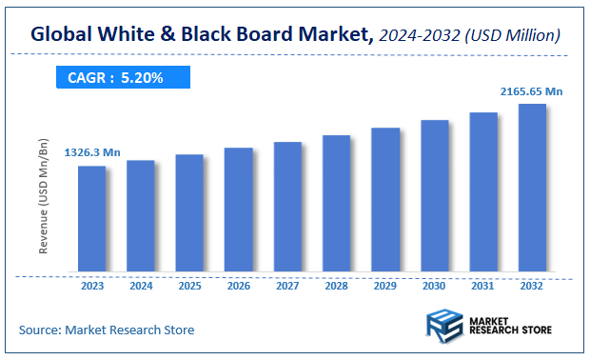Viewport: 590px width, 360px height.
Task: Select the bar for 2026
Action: (239, 211)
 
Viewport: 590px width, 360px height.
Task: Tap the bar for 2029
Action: (385, 201)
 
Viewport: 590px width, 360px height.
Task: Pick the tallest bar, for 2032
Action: (532, 190)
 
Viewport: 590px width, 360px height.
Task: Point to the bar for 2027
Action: (287, 209)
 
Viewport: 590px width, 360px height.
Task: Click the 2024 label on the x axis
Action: (141, 286)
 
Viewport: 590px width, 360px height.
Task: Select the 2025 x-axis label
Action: (189, 286)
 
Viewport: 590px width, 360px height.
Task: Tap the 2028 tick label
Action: (336, 286)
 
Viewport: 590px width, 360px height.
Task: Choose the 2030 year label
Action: (434, 286)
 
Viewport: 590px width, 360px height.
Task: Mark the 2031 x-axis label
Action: (482, 286)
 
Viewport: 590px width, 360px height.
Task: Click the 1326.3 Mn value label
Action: (92, 152)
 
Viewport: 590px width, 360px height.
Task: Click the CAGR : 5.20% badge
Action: (115, 78)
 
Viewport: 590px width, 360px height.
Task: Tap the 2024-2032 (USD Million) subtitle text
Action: (469, 36)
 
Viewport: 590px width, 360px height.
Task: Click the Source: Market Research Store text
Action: (107, 330)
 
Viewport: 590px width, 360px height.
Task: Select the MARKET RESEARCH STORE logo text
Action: (509, 324)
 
